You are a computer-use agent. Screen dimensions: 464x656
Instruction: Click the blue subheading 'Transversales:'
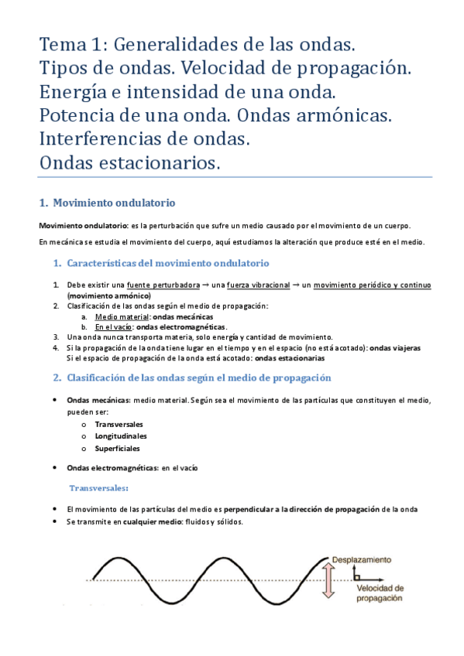coord(99,488)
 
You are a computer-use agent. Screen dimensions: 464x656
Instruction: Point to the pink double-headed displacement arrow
coord(328,580)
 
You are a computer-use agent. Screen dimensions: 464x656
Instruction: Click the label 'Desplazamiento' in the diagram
coord(361,559)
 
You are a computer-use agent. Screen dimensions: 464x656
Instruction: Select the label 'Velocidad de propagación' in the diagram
coord(380,593)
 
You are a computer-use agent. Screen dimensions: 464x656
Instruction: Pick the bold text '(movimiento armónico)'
coord(108,296)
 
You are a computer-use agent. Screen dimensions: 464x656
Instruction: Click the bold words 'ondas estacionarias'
coord(290,358)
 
